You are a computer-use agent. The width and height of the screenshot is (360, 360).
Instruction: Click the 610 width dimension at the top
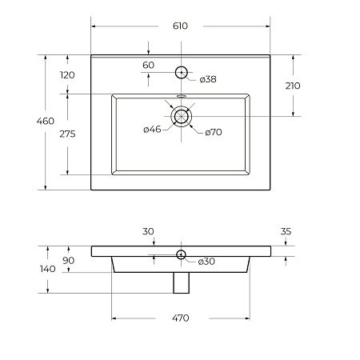tap(180, 26)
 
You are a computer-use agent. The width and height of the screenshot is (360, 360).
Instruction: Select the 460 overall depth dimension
tap(46, 121)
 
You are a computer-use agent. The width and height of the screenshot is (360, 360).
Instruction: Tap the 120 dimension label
tap(67, 75)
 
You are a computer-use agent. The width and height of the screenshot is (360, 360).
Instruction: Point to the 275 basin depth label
tap(67, 134)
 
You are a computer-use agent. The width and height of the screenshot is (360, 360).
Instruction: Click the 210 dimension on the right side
tap(293, 86)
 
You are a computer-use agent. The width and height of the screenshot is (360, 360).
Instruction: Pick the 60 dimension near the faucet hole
tap(148, 65)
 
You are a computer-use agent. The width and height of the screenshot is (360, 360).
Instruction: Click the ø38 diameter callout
tap(208, 79)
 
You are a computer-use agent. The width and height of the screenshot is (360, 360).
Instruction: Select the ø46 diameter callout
tap(152, 130)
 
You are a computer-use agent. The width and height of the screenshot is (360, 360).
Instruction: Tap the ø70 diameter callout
tap(214, 132)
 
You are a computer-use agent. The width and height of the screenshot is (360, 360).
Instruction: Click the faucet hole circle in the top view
tap(182, 66)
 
